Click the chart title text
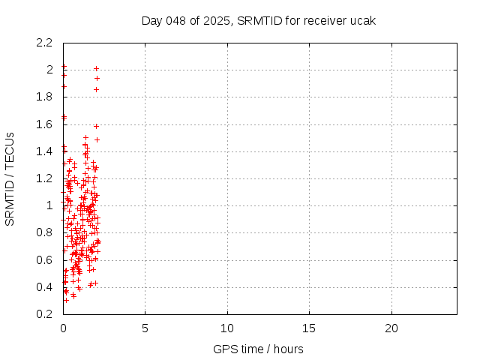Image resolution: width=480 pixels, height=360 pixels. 259,20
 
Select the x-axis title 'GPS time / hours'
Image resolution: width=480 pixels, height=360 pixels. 258,349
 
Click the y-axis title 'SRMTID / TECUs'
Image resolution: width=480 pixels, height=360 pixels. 10,178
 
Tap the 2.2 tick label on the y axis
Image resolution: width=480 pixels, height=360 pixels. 46,42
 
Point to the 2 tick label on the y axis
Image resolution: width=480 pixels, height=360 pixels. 50,70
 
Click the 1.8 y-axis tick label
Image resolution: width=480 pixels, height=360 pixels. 46,97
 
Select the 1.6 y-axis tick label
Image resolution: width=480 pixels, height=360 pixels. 46,124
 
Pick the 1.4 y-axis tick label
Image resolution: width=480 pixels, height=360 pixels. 46,151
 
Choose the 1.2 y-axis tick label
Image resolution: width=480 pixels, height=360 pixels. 46,178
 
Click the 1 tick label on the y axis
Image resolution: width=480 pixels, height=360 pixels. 50,205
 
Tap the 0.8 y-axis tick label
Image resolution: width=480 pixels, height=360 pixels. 46,232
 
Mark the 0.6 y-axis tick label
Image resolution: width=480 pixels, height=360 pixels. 46,259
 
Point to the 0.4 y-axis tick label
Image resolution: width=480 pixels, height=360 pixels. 46,287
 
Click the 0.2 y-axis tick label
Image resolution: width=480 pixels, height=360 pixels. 46,314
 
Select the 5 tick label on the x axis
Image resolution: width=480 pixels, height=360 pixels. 145,328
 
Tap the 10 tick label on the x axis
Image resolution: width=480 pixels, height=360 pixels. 227,328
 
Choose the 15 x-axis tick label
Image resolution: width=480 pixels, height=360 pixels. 309,328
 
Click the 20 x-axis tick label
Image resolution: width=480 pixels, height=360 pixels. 391,328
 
